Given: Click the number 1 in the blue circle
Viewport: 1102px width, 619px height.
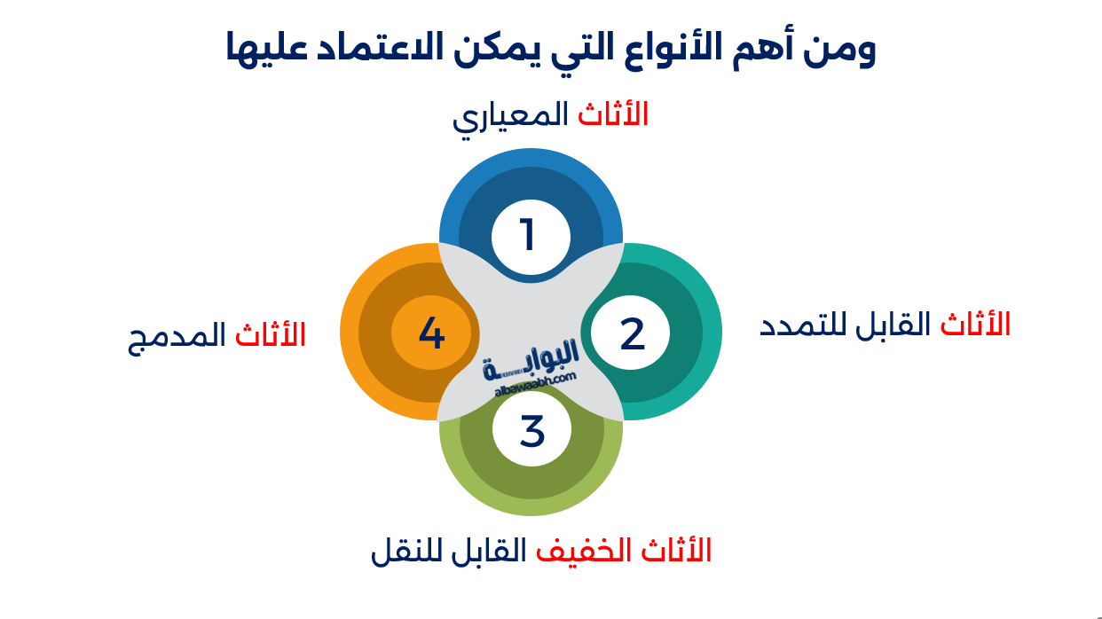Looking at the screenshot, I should click(529, 236).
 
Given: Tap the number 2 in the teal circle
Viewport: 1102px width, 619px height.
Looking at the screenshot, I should click(632, 333).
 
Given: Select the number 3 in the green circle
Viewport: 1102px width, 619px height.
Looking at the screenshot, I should click(531, 431).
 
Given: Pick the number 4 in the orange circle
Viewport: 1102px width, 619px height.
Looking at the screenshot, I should click(431, 333).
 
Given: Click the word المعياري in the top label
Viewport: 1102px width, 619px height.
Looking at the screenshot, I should click(510, 116).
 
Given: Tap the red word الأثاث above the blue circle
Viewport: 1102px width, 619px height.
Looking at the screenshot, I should click(613, 114).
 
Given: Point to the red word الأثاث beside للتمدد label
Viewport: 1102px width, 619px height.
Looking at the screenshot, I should click(975, 324).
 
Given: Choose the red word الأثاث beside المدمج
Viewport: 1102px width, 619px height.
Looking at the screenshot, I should click(270, 334).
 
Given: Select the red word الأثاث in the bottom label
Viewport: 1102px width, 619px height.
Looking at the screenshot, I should click(676, 550).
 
